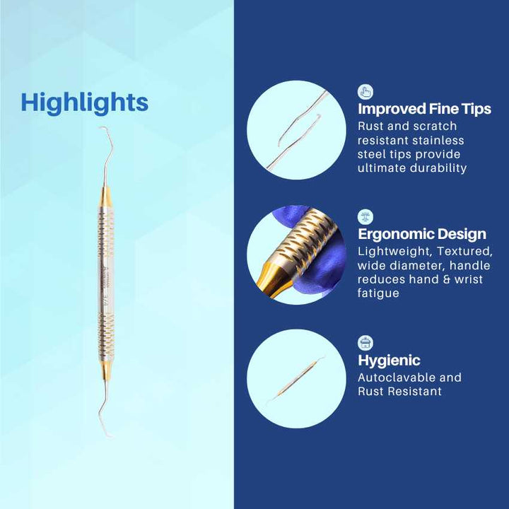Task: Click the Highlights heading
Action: click(84, 102)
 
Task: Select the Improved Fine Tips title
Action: click(424, 109)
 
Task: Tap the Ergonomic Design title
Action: click(421, 234)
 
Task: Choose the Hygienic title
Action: click(389, 361)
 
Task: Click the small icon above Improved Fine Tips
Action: click(365, 91)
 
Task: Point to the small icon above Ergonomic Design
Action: click(365, 216)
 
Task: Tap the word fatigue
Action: click(378, 293)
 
